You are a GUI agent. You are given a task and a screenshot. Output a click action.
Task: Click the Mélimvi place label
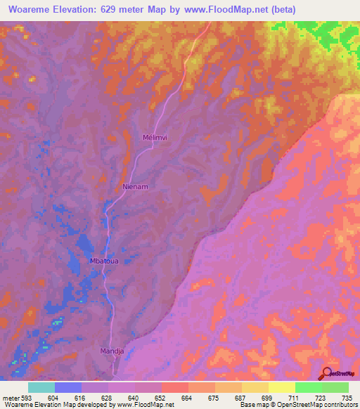pos(154,138)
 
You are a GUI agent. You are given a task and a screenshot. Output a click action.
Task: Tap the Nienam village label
pos(136,188)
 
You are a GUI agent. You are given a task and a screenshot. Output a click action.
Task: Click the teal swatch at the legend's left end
pos(41,387)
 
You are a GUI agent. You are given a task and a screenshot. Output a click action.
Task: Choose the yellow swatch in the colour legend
pos(281,387)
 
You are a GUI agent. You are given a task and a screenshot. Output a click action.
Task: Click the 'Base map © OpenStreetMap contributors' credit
pos(297,405)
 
